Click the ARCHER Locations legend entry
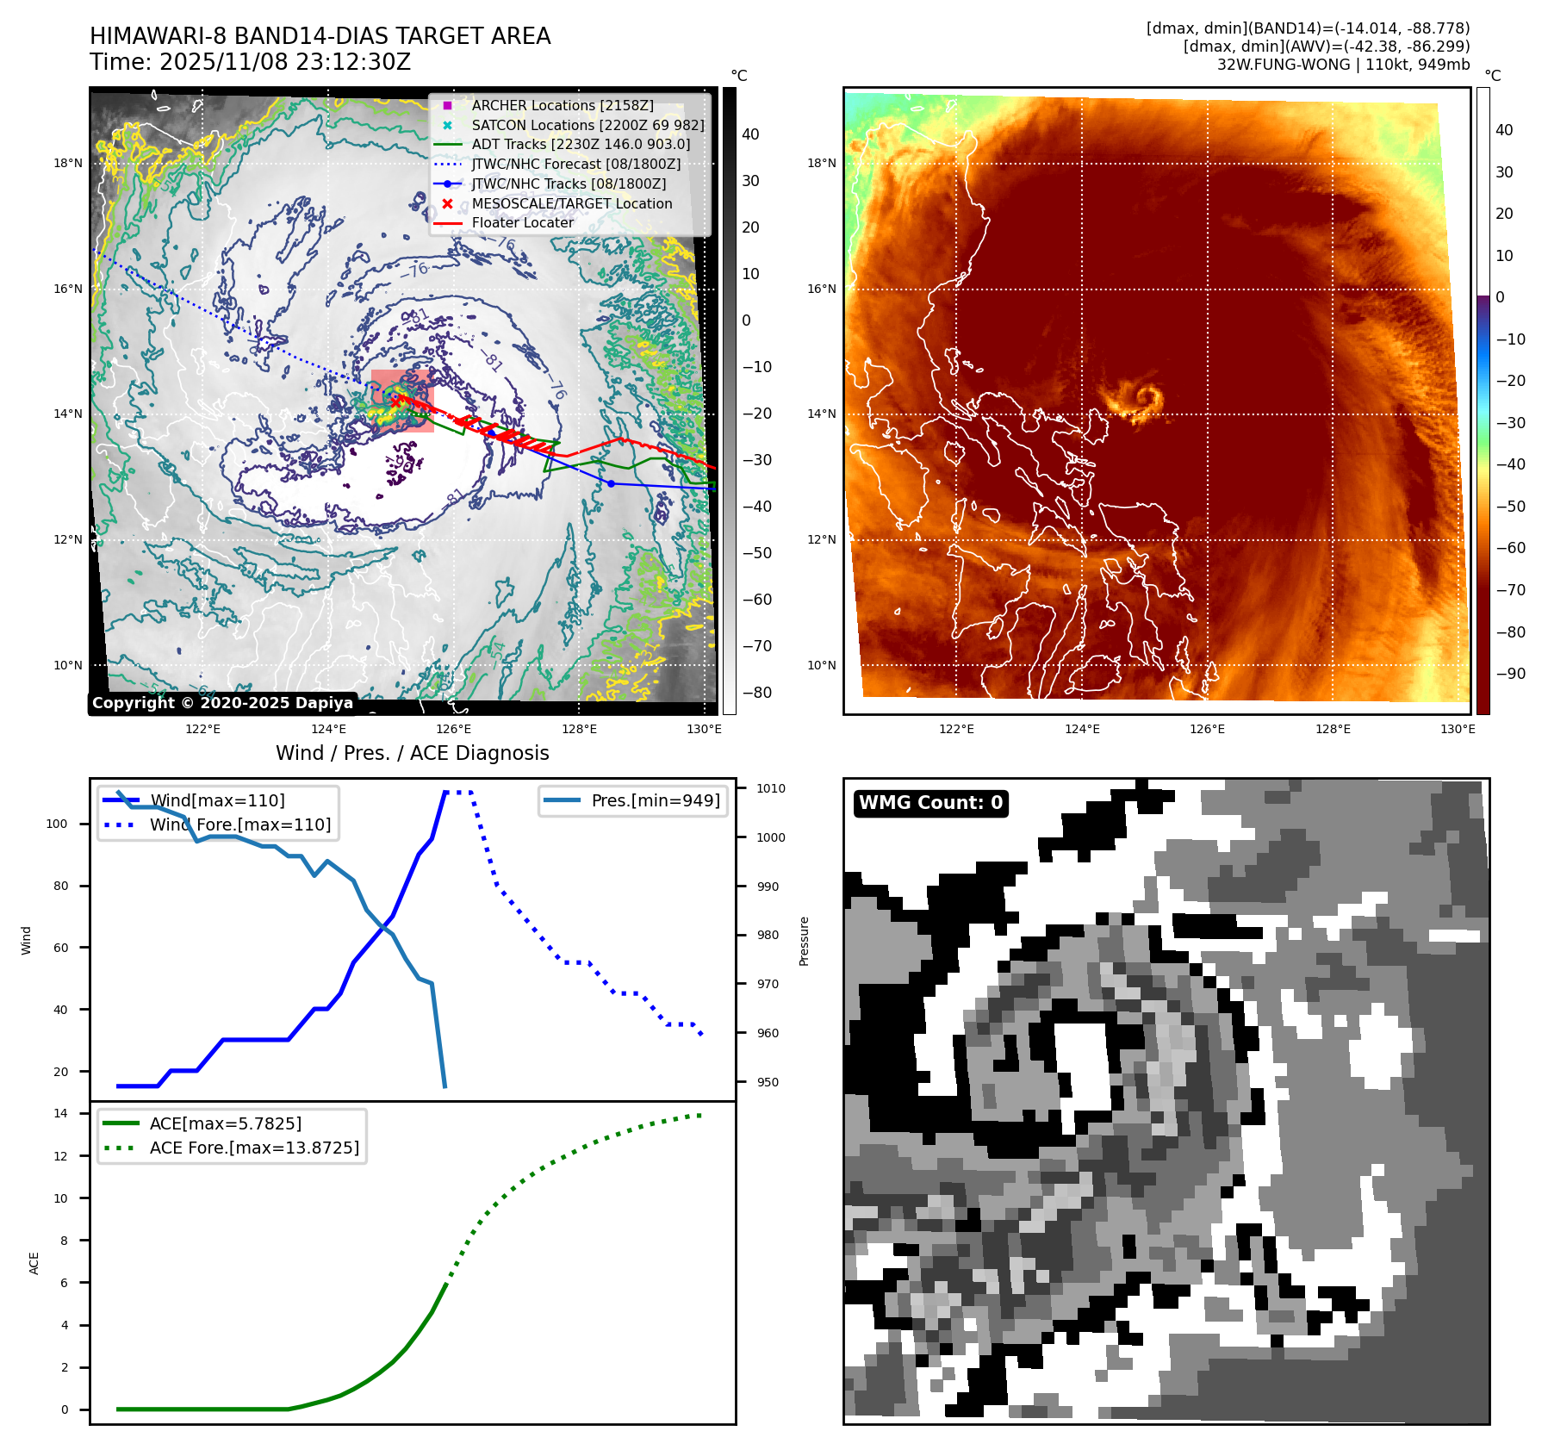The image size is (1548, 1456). pyautogui.click(x=562, y=105)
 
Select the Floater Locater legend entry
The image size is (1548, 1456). pyautogui.click(x=522, y=222)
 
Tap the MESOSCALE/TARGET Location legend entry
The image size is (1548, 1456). pyautogui.click(x=571, y=203)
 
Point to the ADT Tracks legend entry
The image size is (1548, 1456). pyautogui.click(x=581, y=144)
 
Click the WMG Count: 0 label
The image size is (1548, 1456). pyautogui.click(x=930, y=803)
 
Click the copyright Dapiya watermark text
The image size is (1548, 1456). pyautogui.click(x=222, y=703)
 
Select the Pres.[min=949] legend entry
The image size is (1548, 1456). pyautogui.click(x=655, y=800)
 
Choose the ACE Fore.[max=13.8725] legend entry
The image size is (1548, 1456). pyautogui.click(x=254, y=1148)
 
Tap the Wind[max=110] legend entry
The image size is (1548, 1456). pyautogui.click(x=217, y=800)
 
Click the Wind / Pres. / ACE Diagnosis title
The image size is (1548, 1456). pyautogui.click(x=412, y=753)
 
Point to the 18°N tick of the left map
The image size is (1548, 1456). pyautogui.click(x=68, y=163)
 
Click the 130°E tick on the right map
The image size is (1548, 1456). pyautogui.click(x=1458, y=729)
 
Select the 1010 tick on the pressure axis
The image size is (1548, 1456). pyautogui.click(x=770, y=788)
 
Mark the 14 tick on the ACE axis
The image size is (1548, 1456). pyautogui.click(x=60, y=1113)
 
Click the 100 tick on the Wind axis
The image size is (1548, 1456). pyautogui.click(x=56, y=824)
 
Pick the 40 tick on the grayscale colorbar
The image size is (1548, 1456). pyautogui.click(x=750, y=134)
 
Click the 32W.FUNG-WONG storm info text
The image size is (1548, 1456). pyautogui.click(x=1343, y=65)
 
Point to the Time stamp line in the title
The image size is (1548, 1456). pyautogui.click(x=250, y=62)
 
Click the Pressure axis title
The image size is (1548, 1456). pyautogui.click(x=804, y=941)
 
